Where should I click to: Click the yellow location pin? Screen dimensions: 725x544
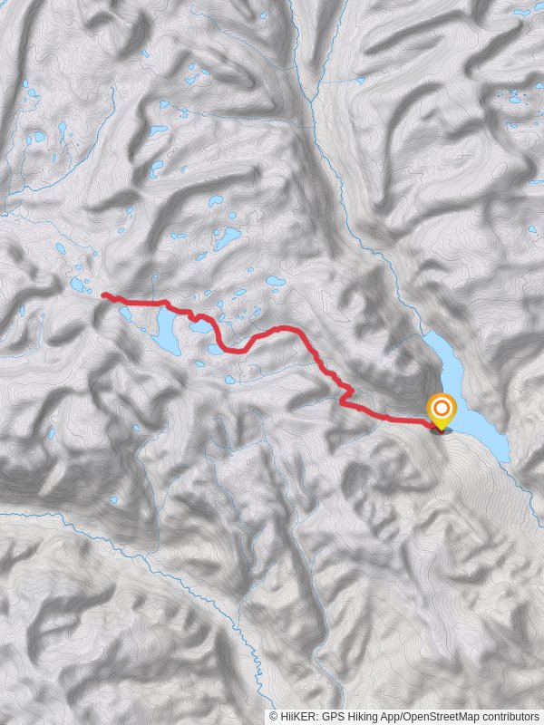click(x=442, y=411)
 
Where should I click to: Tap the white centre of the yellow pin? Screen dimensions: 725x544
click(x=442, y=406)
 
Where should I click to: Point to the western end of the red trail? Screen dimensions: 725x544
click(x=102, y=295)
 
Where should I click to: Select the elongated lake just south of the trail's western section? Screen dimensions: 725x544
click(x=167, y=334)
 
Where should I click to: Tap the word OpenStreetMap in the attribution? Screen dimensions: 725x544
click(x=442, y=716)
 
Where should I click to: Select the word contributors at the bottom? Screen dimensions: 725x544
click(x=509, y=716)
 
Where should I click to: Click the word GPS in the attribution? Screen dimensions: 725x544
click(x=329, y=716)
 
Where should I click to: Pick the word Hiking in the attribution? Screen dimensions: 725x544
click(x=359, y=716)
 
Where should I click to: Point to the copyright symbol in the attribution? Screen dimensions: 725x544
click(x=274, y=716)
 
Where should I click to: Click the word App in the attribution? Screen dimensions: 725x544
click(x=389, y=716)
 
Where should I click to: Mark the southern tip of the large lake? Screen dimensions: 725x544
click(x=505, y=459)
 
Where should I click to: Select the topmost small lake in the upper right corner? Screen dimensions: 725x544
click(x=522, y=13)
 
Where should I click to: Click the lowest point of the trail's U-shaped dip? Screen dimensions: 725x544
click(x=234, y=350)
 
